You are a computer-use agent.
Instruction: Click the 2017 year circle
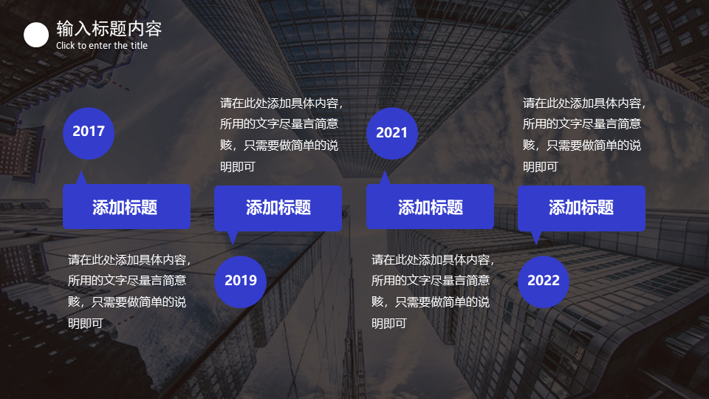[x=89, y=134]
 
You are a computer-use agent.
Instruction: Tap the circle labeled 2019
[x=240, y=282]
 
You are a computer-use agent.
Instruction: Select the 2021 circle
[x=392, y=134]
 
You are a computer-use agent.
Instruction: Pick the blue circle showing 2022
[x=544, y=282]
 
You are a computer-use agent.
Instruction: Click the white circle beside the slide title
[x=36, y=35]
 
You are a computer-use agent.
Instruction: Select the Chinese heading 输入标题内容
[x=109, y=29]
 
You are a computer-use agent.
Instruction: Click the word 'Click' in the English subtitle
[x=66, y=45]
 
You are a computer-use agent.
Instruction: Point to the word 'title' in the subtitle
[x=140, y=45]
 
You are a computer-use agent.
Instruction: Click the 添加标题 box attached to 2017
[x=126, y=207]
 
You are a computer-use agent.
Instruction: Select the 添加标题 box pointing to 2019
[x=278, y=208]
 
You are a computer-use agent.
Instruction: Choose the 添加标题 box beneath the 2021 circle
[x=430, y=207]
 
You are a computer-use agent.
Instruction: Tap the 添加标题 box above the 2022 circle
[x=581, y=208]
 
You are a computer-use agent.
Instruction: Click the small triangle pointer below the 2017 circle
[x=81, y=179]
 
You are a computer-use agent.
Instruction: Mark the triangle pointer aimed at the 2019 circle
[x=233, y=237]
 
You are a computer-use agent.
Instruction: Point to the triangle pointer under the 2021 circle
[x=384, y=179]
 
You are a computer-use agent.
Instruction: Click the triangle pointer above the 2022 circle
[x=536, y=237]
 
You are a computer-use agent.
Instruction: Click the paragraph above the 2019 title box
[x=281, y=134]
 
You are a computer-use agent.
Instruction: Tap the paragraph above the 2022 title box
[x=583, y=134]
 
